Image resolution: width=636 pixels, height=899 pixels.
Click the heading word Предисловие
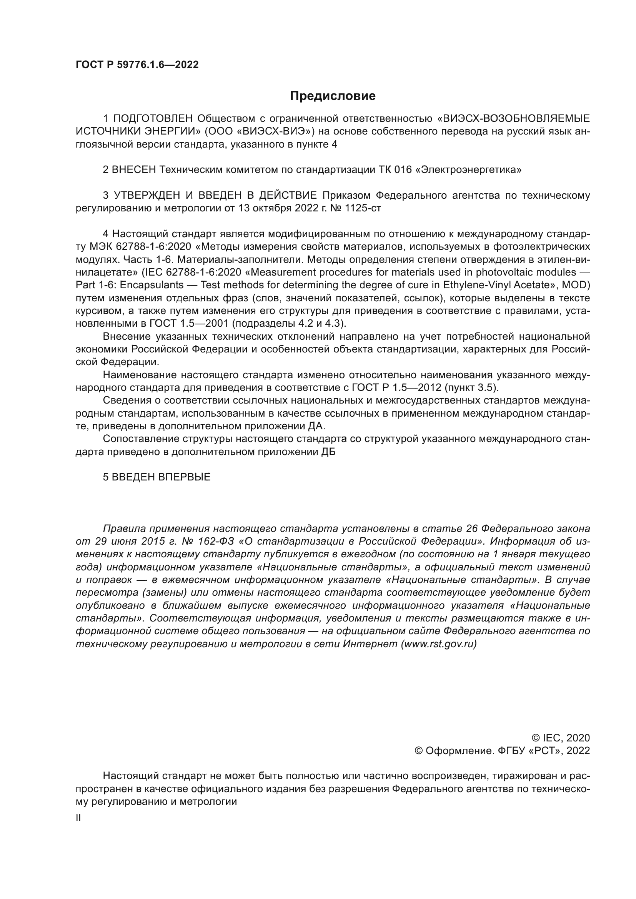click(333, 96)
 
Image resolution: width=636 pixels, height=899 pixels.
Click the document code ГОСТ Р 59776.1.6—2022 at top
click(137, 65)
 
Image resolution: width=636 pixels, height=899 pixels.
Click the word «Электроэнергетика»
click(468, 169)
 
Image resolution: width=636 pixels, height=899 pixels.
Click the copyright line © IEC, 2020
click(560, 738)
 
